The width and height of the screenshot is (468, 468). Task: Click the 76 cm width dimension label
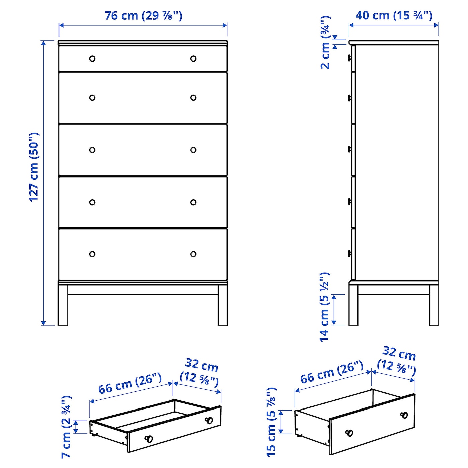pyautogui.click(x=143, y=16)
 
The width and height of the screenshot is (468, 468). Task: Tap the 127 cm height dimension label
pyautogui.click(x=34, y=167)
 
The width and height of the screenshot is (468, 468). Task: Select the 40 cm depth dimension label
pyautogui.click(x=394, y=15)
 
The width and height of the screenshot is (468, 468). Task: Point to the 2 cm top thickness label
pyautogui.click(x=325, y=43)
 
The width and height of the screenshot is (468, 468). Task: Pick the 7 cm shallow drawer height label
pyautogui.click(x=66, y=427)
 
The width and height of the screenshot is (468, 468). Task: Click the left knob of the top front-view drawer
pyautogui.click(x=92, y=58)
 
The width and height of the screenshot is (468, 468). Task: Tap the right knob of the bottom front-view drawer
pyautogui.click(x=193, y=254)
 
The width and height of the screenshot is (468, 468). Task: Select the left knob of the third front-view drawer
pyautogui.click(x=92, y=150)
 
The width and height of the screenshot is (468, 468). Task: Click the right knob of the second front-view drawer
pyautogui.click(x=193, y=98)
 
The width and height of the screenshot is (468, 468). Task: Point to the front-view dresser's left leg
pyautogui.click(x=63, y=305)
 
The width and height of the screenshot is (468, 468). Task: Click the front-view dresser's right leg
pyautogui.click(x=222, y=305)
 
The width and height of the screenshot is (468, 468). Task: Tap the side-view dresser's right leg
pyautogui.click(x=434, y=305)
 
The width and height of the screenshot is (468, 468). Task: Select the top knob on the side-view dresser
pyautogui.click(x=349, y=58)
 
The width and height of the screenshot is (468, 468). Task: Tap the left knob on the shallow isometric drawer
pyautogui.click(x=149, y=438)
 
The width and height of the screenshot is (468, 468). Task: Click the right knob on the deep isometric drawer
pyautogui.click(x=404, y=415)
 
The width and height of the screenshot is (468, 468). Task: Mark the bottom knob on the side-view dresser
pyautogui.click(x=349, y=254)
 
